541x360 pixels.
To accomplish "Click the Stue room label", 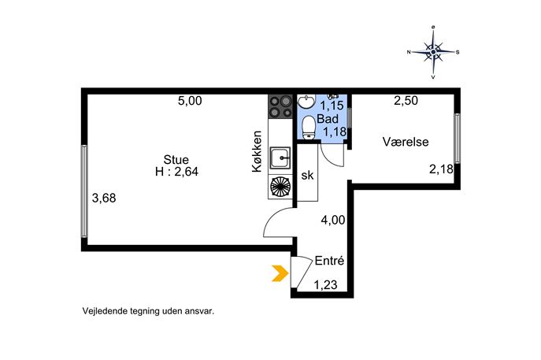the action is pos(176,159).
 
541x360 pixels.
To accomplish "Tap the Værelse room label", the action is pos(406,142).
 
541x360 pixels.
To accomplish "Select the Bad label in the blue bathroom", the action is pos(328,119).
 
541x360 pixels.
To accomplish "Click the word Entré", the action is pos(329,261).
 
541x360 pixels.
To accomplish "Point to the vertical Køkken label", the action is pos(257,151).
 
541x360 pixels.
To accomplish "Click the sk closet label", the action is pos(307,176).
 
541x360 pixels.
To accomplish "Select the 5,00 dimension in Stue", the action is pos(190,101).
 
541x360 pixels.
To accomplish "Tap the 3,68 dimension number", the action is pos(104,199).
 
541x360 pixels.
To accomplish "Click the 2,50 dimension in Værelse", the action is pos(406,101).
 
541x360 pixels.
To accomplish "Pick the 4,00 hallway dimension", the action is pos(333,220).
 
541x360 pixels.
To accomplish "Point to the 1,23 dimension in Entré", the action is pos(325,285).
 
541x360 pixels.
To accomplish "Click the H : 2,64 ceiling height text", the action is pos(176,172).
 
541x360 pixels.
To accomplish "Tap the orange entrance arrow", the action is pos(280,273).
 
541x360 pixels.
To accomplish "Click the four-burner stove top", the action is pos(280,106).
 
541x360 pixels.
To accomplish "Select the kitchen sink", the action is pos(280,158).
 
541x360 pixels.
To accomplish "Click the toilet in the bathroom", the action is pos(309,126).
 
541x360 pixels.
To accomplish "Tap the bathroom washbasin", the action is pos(306,101).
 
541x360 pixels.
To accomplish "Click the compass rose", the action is pos(433,52).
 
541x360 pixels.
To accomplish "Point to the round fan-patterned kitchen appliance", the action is pos(280,187).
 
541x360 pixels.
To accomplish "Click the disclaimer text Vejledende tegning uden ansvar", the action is pos(148,311).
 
